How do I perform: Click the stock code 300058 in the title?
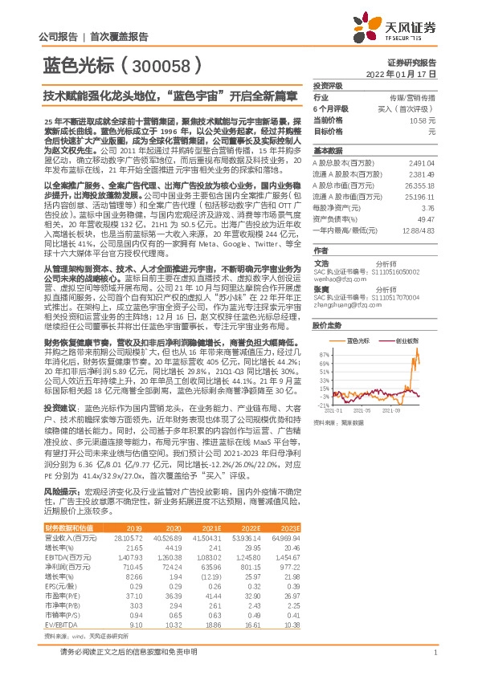pyautogui.click(x=160, y=65)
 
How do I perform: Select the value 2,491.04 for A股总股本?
pyautogui.click(x=422, y=161)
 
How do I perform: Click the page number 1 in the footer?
pyautogui.click(x=434, y=651)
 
